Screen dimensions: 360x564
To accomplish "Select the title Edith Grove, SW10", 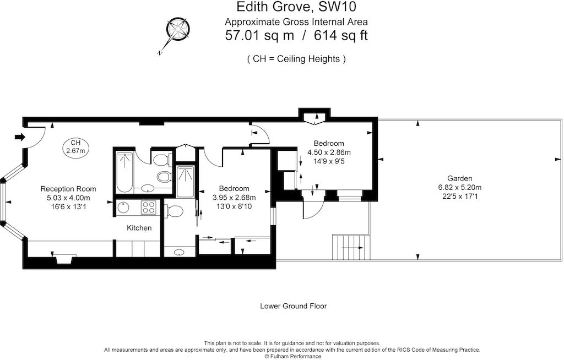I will coord(296,8).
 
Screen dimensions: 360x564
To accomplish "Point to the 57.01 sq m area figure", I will coord(257,36).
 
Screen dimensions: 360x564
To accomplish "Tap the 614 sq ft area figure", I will coord(340,36).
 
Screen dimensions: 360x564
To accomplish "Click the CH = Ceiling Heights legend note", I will coord(296,59).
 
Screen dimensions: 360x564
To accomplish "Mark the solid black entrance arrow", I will coord(19,137).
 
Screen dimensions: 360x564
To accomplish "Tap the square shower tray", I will coord(186,181).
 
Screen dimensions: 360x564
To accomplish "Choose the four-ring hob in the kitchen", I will coord(148,207).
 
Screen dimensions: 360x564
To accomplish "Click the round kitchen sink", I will coord(123,208).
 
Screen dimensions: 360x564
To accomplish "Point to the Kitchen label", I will coord(139,228).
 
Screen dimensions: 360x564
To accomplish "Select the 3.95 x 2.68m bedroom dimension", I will coord(234,197).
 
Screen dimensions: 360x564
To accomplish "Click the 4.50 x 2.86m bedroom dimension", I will coord(329,152).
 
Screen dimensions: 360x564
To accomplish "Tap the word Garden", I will coord(459,178).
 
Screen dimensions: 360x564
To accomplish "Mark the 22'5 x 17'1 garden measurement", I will coord(459,196).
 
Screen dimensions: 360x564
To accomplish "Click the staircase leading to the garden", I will coord(350,248).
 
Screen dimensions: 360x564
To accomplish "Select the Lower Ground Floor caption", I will coord(293,306).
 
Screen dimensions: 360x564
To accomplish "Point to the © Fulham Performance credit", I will coord(292,356).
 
